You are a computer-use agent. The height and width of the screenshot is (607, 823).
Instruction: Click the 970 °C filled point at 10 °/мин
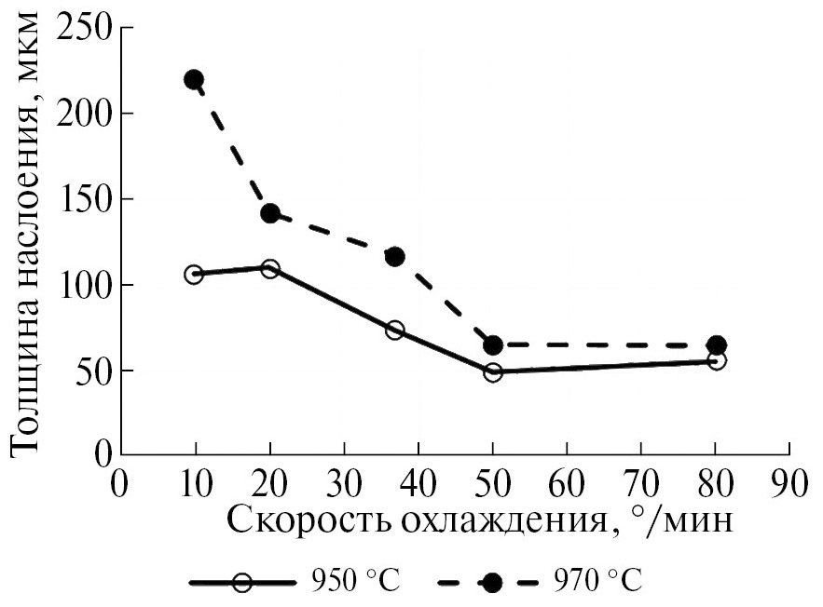point(194,80)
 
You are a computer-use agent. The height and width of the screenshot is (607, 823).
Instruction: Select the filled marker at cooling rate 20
point(270,213)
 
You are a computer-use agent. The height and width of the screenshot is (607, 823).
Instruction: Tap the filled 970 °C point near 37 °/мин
point(394,256)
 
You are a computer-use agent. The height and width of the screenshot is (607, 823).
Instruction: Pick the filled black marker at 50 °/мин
point(493,345)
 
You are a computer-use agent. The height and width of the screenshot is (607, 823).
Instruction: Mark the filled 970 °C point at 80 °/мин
point(717,345)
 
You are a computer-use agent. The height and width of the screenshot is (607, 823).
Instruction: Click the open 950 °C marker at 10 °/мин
point(194,274)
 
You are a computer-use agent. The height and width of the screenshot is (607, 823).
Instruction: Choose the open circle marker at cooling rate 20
point(270,269)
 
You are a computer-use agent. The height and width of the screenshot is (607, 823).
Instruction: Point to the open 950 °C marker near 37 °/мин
point(394,330)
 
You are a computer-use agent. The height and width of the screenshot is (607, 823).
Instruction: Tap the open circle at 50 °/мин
point(493,371)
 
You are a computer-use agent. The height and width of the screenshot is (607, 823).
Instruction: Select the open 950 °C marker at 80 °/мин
point(717,360)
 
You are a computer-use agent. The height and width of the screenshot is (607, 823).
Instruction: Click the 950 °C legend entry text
point(351,582)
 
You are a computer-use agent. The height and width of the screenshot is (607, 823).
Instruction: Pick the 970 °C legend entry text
point(596,582)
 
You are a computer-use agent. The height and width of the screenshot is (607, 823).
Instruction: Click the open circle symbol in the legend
point(241,583)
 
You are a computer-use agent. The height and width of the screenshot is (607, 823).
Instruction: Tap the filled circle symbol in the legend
point(491,583)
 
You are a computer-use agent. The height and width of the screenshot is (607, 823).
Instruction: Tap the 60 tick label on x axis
point(567,486)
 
